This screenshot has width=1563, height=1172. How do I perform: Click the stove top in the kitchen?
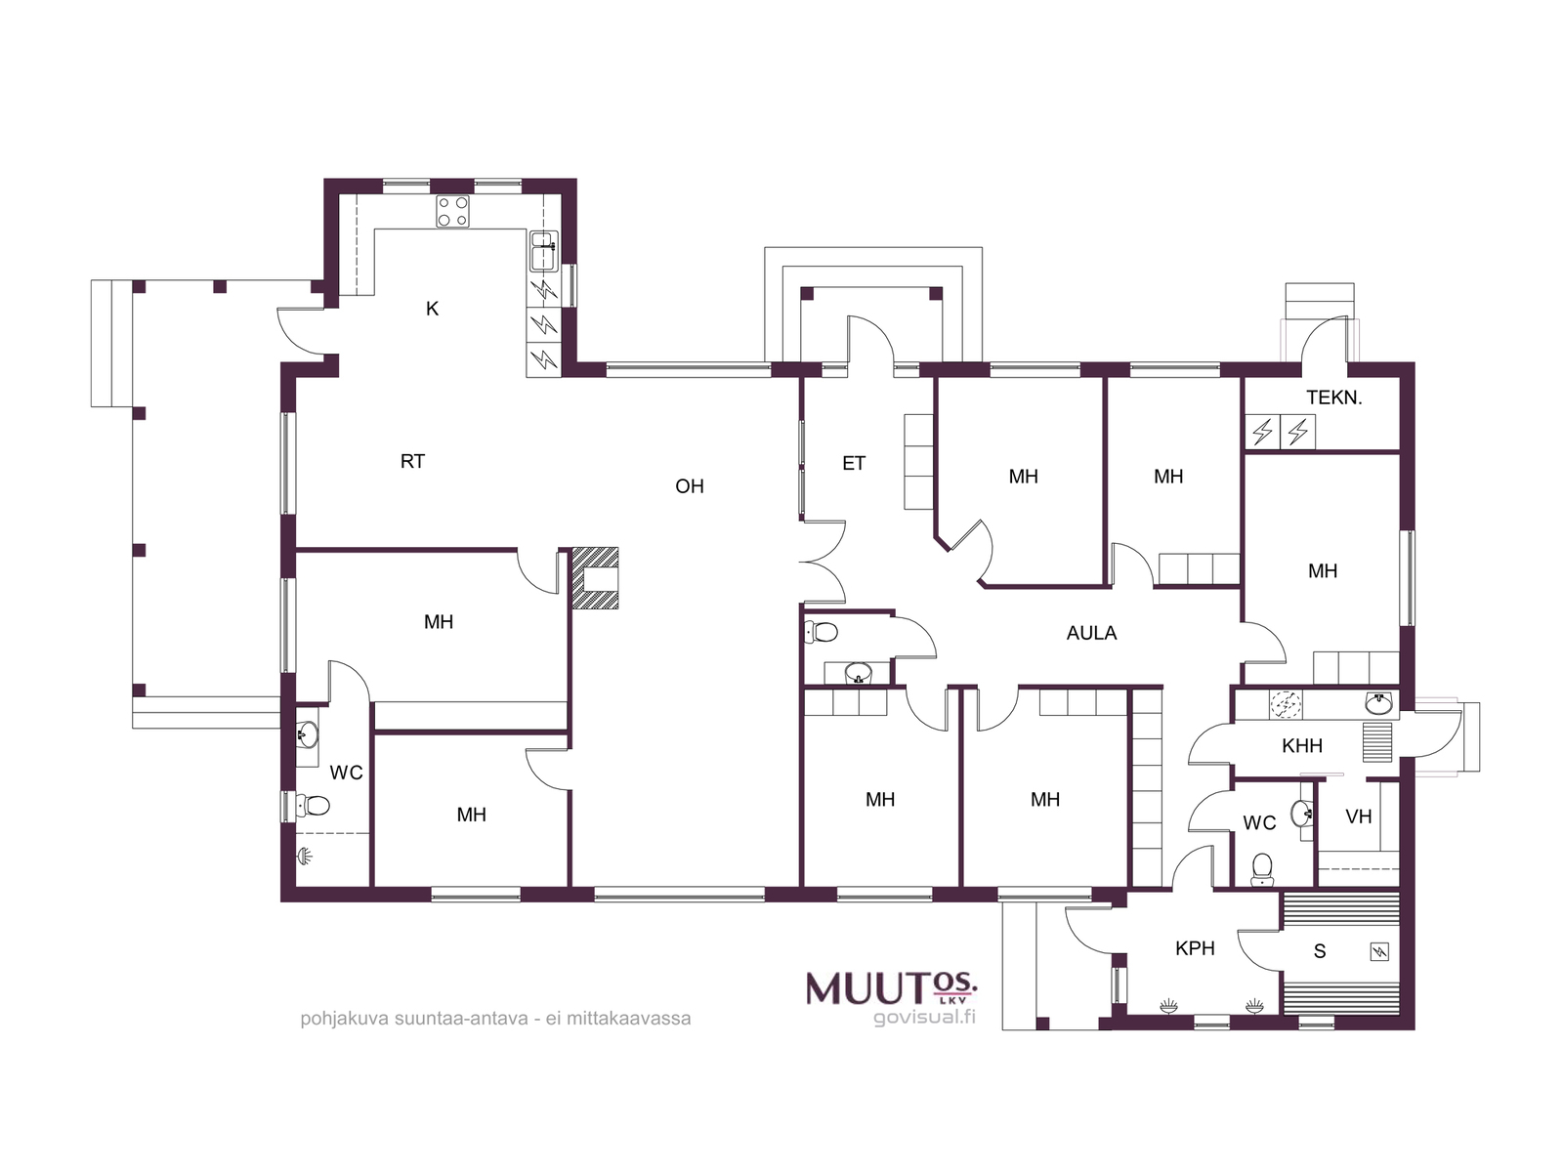click(x=453, y=211)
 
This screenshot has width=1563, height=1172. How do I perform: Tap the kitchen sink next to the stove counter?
click(x=544, y=251)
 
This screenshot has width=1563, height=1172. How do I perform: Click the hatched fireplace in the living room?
click(x=595, y=578)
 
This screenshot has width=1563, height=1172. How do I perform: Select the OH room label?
click(x=690, y=486)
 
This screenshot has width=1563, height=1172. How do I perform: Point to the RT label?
click(x=412, y=461)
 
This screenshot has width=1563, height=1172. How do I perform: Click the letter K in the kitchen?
click(x=432, y=309)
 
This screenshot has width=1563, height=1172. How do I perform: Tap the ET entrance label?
click(x=854, y=463)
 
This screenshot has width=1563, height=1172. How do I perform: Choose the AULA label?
click(x=1091, y=633)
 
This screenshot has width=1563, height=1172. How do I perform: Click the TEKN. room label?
click(x=1333, y=398)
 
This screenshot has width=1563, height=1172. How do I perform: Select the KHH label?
click(x=1302, y=746)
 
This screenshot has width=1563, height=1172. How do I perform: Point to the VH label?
click(x=1359, y=816)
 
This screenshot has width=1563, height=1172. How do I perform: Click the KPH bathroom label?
click(x=1195, y=947)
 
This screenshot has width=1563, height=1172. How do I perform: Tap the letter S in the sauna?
click(x=1320, y=951)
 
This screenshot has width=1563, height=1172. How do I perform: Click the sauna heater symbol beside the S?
click(x=1379, y=951)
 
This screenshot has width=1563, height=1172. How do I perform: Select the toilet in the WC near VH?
click(x=1262, y=869)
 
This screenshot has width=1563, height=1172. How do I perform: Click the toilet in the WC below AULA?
click(x=821, y=631)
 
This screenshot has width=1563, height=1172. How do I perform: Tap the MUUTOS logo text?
click(x=892, y=987)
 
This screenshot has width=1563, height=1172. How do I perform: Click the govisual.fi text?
click(x=924, y=1018)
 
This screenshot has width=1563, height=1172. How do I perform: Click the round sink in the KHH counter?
click(x=1379, y=704)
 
